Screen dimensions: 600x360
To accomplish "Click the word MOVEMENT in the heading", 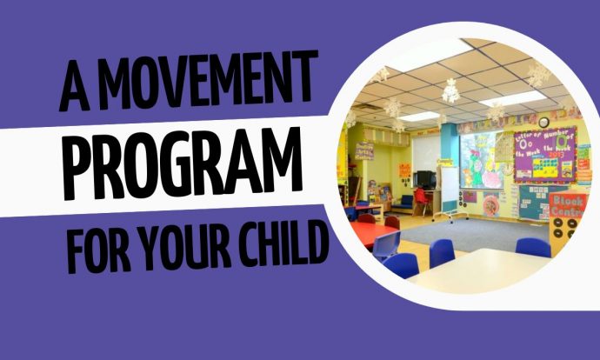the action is tap(210, 79).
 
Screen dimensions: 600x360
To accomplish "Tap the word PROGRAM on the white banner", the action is tap(183, 163).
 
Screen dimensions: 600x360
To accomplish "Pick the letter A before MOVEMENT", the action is tap(76, 87).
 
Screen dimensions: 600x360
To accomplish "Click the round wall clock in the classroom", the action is tap(543, 123).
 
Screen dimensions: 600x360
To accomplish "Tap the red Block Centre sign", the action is tap(568, 205).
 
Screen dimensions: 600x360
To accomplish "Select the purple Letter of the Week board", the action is tap(545, 155).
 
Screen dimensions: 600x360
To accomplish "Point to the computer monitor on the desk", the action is tap(426, 178).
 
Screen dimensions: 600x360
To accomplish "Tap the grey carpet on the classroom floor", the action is tap(475, 234).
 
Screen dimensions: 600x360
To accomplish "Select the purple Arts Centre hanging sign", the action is tap(364, 150).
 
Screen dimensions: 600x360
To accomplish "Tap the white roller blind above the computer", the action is tap(425, 153).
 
